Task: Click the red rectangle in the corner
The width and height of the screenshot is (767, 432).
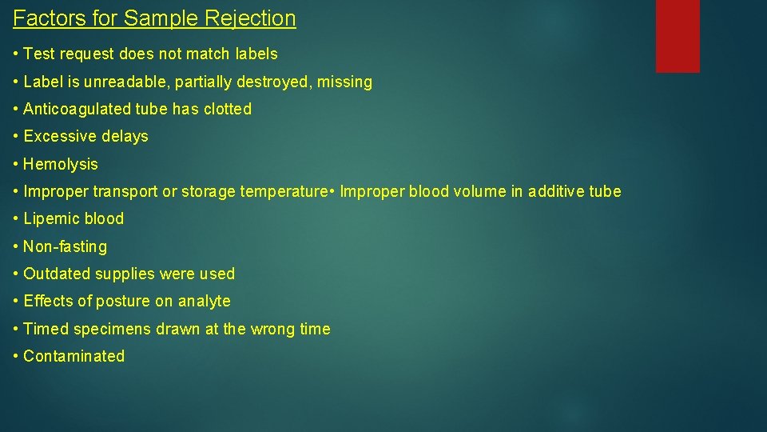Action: [x=678, y=36]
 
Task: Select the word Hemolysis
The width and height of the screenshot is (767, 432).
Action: [x=61, y=164]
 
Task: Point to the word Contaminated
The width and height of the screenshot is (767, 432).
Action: [x=74, y=356]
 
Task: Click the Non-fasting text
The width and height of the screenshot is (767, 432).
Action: [x=65, y=246]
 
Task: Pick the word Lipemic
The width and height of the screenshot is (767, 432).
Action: [x=50, y=218]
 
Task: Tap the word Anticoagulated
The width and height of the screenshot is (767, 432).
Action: [x=74, y=109]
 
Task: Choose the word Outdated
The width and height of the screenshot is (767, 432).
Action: [x=57, y=274]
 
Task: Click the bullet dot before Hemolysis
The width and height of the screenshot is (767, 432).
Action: [x=16, y=164]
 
